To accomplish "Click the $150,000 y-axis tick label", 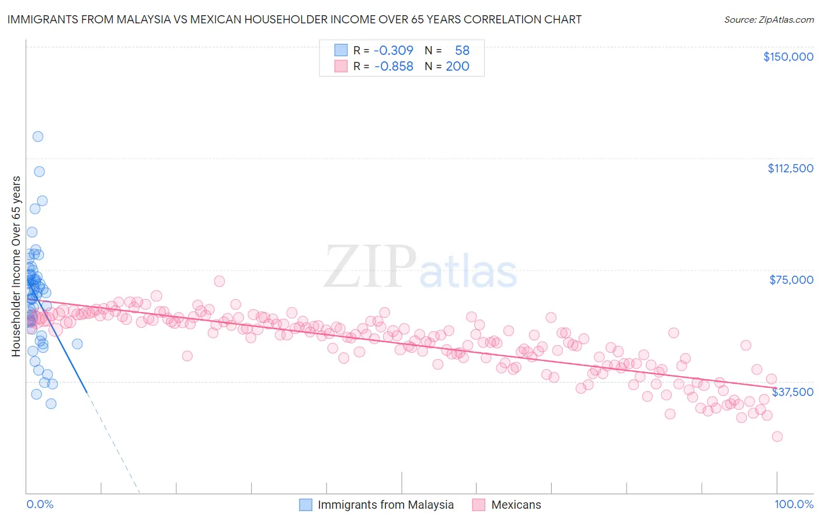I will pos(788,57).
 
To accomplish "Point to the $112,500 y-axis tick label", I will pos(790,168).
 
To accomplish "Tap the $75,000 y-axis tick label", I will pos(791,280).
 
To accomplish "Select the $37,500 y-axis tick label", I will pos(792,392).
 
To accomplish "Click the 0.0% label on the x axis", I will pos(40,504).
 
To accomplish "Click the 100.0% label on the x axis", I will pos(794,504).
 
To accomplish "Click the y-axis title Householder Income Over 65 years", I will pos(16,266).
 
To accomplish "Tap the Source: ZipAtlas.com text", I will pos(768,19).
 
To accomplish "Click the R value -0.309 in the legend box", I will pos(393,50).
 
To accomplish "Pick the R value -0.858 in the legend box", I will pos(393,66).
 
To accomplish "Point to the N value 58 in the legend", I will pos(462,50).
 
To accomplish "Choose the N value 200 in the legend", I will pos(457,66).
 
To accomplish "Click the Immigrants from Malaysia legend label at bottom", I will pos(385,505).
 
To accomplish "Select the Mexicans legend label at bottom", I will pos(516,505).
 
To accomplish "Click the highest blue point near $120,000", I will pos(38,137).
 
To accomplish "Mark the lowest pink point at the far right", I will pos(777,436).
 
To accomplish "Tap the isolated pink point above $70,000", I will pos(220,281).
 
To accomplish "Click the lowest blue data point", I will pos(51,404).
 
